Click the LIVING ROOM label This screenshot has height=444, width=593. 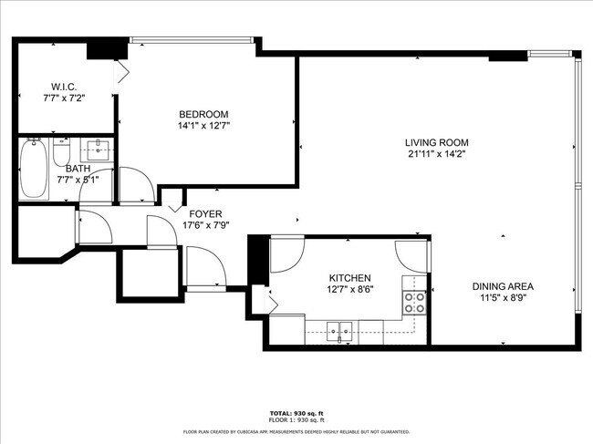(437, 142)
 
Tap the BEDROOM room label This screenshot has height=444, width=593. (203, 114)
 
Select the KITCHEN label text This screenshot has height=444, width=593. (349, 278)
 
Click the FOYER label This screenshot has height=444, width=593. (204, 213)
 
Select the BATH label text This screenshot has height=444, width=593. (77, 169)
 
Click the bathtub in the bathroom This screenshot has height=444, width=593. (35, 169)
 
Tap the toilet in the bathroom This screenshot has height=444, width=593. (62, 150)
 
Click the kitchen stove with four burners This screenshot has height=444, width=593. (415, 303)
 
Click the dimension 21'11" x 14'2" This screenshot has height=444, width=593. (437, 154)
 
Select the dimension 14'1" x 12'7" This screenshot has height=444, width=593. (203, 126)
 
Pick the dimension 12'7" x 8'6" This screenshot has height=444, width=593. (349, 291)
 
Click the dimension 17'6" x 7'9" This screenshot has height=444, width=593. (204, 225)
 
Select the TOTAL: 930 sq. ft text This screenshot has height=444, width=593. (296, 413)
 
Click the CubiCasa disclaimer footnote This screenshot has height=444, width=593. (296, 431)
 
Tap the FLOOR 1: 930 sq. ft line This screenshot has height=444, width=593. (296, 420)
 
